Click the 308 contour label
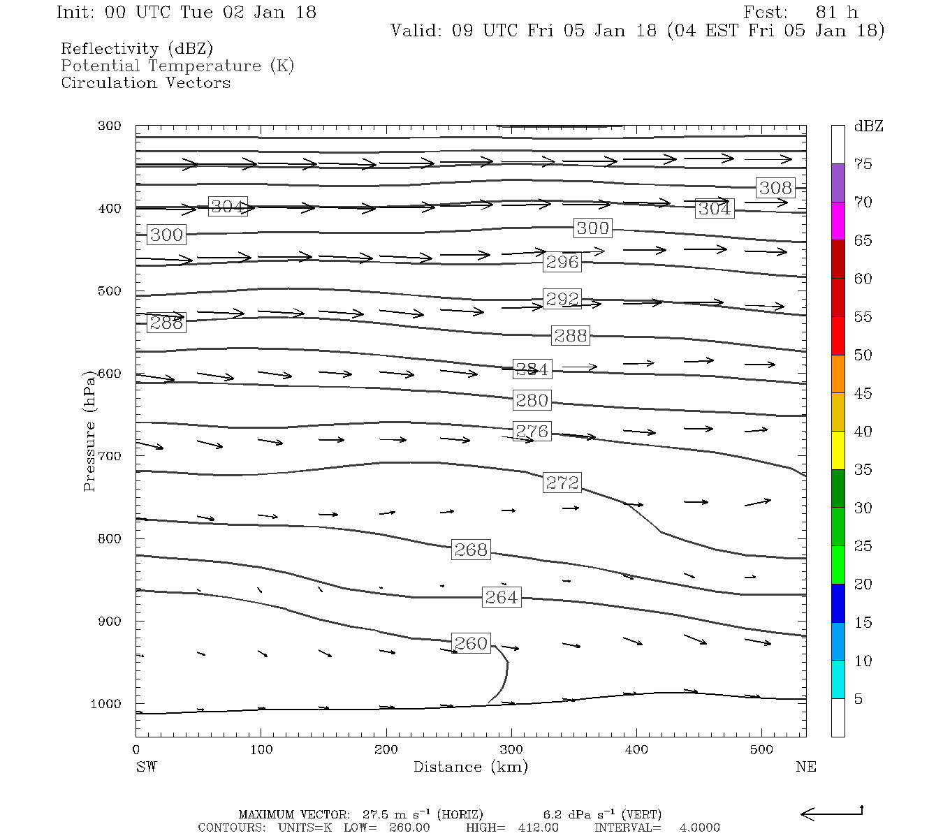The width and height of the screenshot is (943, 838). click(x=775, y=187)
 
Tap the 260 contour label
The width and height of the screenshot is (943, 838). click(x=471, y=642)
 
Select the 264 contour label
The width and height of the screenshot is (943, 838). click(x=502, y=597)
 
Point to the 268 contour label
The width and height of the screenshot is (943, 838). click(x=471, y=550)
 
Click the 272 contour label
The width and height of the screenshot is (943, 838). click(x=562, y=483)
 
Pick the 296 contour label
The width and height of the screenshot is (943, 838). click(x=562, y=262)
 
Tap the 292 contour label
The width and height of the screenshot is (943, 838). click(x=562, y=300)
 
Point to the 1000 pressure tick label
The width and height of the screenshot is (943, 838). click(x=106, y=704)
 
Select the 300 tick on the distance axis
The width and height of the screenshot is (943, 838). click(x=511, y=750)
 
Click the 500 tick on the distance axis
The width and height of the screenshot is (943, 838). click(x=761, y=750)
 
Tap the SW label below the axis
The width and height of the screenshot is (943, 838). click(x=146, y=767)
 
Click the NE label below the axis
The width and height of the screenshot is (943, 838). click(x=805, y=767)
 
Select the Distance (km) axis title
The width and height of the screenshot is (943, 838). click(x=470, y=767)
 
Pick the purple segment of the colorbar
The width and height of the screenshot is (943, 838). click(x=838, y=183)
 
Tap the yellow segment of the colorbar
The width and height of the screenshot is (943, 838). click(x=838, y=450)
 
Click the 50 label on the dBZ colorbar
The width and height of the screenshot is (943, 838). click(x=863, y=355)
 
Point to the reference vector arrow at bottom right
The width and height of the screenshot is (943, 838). click(x=831, y=813)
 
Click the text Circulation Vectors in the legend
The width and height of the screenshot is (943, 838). click(x=145, y=83)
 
